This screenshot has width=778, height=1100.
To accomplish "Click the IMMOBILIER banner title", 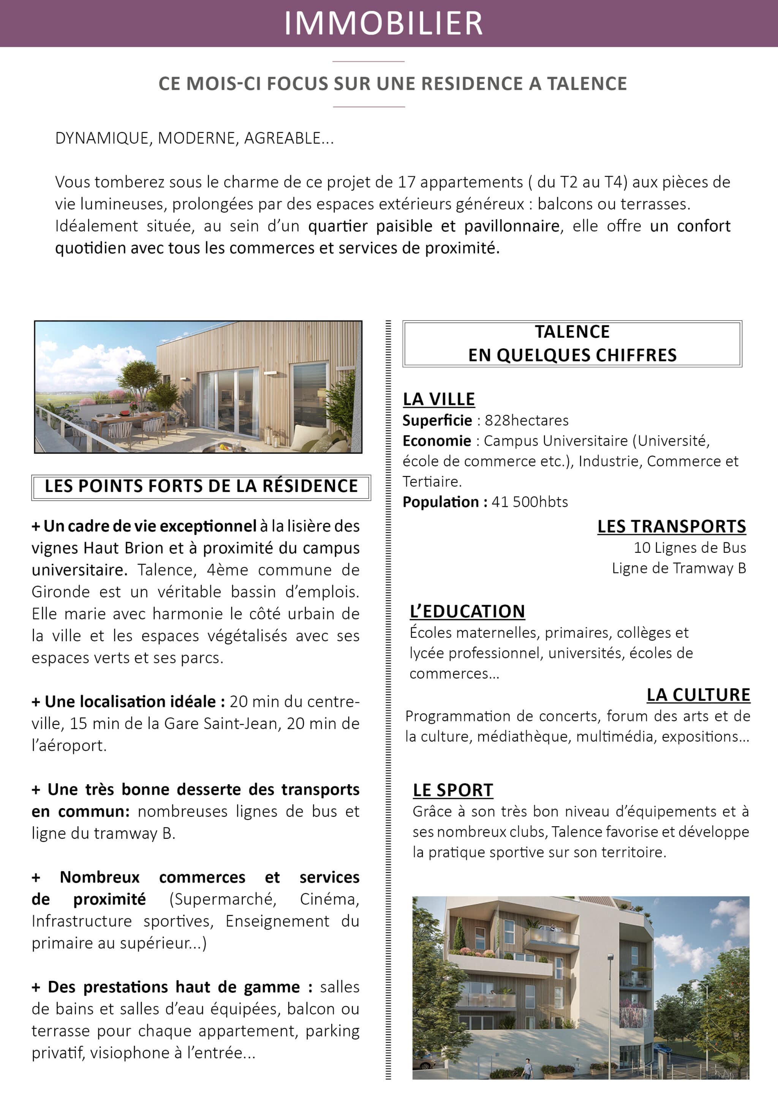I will (383, 23).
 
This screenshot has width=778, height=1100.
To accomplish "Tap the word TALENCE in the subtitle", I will (587, 84).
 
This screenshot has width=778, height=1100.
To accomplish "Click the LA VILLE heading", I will (439, 399).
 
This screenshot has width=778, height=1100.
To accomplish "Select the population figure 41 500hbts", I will (530, 502).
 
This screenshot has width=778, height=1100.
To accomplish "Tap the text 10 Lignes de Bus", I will (689, 548).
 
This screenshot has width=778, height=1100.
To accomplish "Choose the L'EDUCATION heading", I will (467, 611).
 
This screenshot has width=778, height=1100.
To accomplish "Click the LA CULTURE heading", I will (698, 695).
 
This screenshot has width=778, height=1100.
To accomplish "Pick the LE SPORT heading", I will (453, 791).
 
